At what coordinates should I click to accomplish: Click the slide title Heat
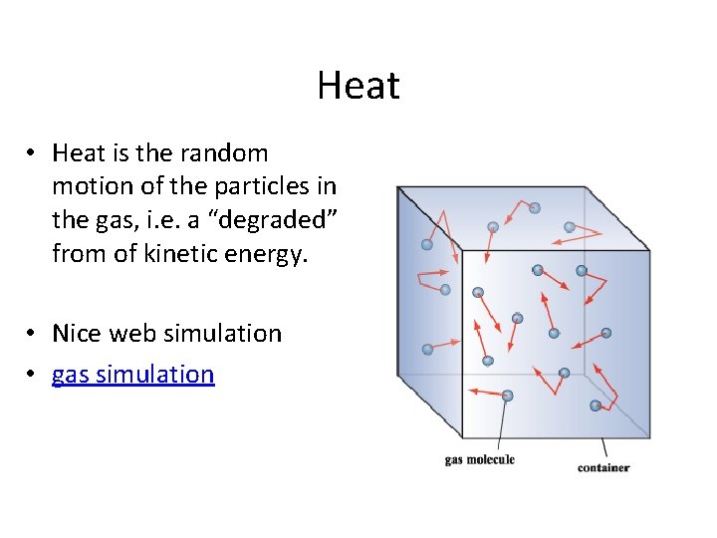(x=358, y=86)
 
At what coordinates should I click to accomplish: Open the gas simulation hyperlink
(x=132, y=375)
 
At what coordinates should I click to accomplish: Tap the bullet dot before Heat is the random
(x=33, y=154)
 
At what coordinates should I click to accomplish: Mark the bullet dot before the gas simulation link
(x=33, y=376)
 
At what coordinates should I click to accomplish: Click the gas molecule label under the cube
(x=479, y=459)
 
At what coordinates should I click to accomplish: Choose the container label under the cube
(x=602, y=467)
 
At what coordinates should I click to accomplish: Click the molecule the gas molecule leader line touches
(x=507, y=396)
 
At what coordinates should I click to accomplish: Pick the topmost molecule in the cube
(x=535, y=208)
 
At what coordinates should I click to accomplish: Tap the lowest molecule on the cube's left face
(x=427, y=349)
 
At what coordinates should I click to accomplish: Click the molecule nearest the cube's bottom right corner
(x=596, y=404)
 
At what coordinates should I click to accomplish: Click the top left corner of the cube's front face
(x=462, y=251)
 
